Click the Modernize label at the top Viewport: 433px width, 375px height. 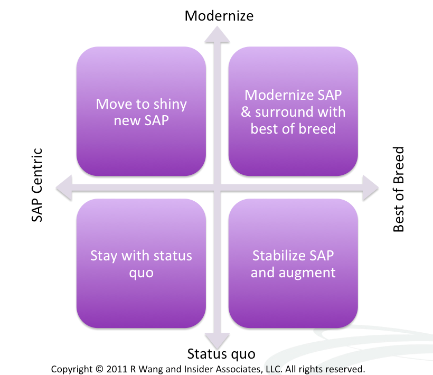(x=219, y=16)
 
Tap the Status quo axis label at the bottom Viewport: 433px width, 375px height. (x=221, y=354)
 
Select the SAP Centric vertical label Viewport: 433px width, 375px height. (x=37, y=185)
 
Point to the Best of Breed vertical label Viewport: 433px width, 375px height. (x=399, y=189)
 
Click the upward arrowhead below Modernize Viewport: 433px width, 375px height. (x=217, y=34)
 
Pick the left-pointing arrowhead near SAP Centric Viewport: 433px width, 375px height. (x=64, y=188)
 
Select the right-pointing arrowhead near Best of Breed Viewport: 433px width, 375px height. (x=370, y=188)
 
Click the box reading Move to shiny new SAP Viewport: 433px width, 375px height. (x=141, y=111)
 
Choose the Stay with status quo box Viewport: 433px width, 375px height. (x=141, y=264)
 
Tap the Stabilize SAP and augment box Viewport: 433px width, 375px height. (x=293, y=264)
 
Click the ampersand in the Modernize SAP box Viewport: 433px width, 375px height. (x=246, y=112)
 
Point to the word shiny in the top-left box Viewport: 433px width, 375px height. (x=170, y=105)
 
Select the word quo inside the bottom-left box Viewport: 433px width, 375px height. (x=141, y=274)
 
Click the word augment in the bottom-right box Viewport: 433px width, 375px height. (x=307, y=273)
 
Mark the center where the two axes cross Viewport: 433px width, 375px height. (x=217, y=188)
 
